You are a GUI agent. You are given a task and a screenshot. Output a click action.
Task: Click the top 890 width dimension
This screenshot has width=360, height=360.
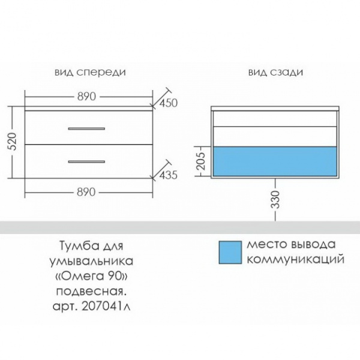(x=86, y=97)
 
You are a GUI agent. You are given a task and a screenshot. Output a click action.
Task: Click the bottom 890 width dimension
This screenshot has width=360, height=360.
(x=86, y=192)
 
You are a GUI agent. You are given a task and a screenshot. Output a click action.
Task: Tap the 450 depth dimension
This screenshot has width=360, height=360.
(x=169, y=103)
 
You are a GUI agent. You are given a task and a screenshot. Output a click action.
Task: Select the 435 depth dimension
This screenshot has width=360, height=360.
(x=169, y=175)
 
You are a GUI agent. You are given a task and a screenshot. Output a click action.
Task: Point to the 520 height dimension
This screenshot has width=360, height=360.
(x=12, y=142)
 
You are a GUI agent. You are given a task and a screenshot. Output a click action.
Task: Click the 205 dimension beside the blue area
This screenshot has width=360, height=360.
(x=200, y=161)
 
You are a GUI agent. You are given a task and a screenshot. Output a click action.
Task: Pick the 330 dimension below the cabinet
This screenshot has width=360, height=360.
(x=275, y=200)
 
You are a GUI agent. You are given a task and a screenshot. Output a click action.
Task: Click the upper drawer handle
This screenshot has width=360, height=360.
(x=86, y=128)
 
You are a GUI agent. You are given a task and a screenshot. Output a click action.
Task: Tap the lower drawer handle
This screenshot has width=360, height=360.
(x=86, y=161)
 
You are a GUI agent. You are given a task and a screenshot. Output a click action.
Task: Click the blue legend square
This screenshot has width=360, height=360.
(x=230, y=253)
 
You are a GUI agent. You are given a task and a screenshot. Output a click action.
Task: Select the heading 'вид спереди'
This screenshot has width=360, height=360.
(x=90, y=73)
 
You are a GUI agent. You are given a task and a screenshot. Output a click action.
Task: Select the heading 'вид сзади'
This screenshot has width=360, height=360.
(x=275, y=73)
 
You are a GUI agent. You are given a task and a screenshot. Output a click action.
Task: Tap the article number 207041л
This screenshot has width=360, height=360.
(x=106, y=307)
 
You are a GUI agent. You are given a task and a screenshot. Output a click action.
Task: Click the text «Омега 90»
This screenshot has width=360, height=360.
(x=92, y=277)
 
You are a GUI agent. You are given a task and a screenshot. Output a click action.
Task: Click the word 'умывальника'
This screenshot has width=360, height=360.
(x=91, y=261)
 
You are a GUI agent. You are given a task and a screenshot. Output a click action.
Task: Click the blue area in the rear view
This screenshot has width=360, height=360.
(x=275, y=161)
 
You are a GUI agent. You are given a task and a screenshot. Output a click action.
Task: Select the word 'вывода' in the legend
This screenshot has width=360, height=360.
(x=313, y=245)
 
